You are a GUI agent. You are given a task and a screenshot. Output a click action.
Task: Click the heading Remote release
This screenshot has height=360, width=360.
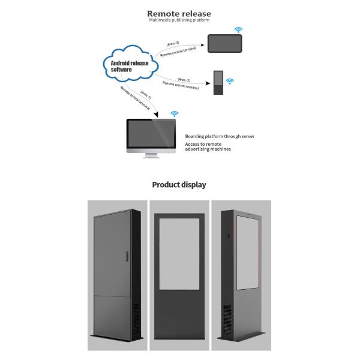[x=179, y=13]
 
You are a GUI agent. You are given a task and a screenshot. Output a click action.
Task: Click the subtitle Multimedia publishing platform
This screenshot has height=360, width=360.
[x=179, y=21]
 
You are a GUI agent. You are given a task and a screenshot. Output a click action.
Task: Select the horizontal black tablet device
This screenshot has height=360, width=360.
[x=224, y=43]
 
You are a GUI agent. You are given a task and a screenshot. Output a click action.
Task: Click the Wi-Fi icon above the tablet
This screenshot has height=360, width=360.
[x=238, y=29]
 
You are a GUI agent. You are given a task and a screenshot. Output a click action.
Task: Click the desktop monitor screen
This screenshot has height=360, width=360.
[x=151, y=135]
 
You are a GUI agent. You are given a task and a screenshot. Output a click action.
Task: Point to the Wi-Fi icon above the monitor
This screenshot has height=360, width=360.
[x=174, y=113]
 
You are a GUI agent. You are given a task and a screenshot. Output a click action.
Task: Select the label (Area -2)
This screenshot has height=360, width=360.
[x=184, y=79]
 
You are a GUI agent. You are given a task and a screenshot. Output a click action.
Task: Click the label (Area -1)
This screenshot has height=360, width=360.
[x=146, y=95]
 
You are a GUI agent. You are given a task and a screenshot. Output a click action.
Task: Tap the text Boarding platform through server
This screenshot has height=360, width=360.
[x=220, y=136]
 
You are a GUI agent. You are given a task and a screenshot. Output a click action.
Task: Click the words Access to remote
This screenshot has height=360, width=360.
[x=204, y=144]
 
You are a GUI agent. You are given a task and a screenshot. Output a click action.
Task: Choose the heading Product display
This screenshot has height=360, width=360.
[x=179, y=185]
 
